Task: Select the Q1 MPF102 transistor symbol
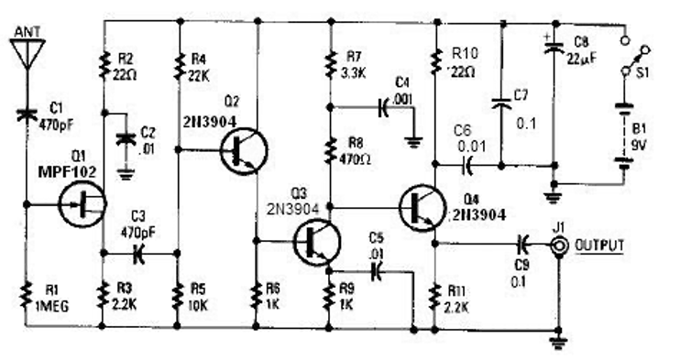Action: click(x=82, y=204)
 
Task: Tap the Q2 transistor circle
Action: click(x=244, y=151)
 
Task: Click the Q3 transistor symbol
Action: click(x=317, y=242)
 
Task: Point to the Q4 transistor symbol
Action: click(x=421, y=208)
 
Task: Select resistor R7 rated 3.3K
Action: click(x=329, y=64)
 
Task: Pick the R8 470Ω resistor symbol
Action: click(x=329, y=150)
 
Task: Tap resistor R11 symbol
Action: click(x=435, y=298)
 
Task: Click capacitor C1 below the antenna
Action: click(x=27, y=114)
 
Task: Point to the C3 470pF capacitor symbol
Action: click(x=138, y=254)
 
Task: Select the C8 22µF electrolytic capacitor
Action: click(x=554, y=47)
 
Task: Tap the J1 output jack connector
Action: click(x=558, y=245)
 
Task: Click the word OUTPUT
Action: click(x=598, y=245)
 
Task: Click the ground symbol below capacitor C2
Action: click(x=126, y=175)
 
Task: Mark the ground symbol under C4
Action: click(x=413, y=143)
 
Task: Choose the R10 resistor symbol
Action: click(x=435, y=62)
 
